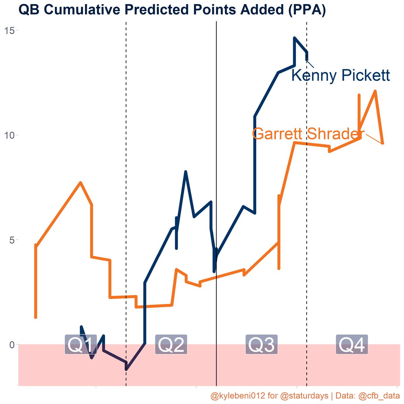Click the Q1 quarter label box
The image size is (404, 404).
coord(81,345)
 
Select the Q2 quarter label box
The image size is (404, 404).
coord(171,345)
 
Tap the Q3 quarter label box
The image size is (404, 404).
coord(261,345)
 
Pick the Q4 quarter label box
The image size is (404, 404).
coord(351,345)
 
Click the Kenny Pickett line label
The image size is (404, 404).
coord(340,75)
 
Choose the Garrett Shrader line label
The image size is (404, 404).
coord(308,134)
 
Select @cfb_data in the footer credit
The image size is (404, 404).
coord(378,395)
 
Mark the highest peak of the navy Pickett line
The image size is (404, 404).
coord(295,38)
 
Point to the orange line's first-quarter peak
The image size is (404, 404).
coord(80,182)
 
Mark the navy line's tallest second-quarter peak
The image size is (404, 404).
coord(186,172)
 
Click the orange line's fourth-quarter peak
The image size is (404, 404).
coord(375,91)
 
